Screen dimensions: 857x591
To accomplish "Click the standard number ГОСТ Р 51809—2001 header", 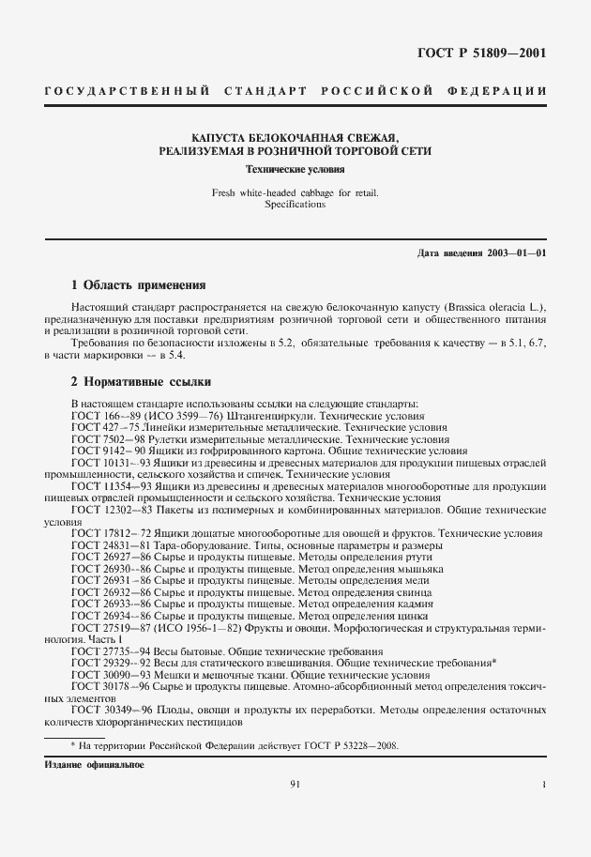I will click(x=479, y=53).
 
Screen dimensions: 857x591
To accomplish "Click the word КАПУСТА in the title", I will click(x=223, y=135).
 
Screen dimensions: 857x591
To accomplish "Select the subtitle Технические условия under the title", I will click(x=295, y=171).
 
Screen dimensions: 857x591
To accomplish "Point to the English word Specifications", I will click(x=295, y=205).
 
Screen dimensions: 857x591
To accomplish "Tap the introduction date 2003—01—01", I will click(x=514, y=254).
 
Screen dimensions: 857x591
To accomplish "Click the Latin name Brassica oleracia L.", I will click(x=486, y=308).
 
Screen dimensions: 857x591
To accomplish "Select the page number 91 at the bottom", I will click(x=295, y=784).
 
